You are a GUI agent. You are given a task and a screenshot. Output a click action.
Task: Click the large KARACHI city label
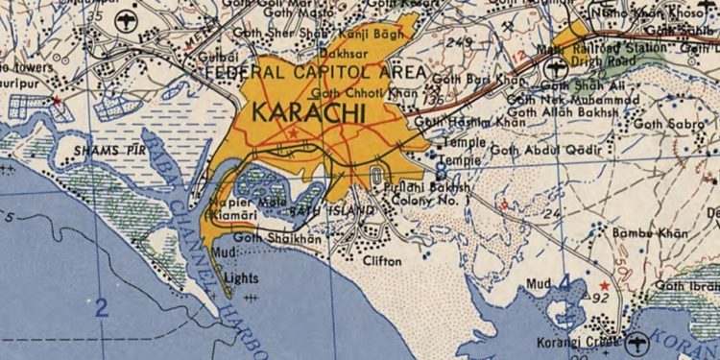308,113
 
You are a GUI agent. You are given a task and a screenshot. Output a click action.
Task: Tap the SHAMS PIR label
104,151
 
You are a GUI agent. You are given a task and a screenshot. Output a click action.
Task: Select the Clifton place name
381,260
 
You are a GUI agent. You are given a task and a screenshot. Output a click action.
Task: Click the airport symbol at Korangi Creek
638,341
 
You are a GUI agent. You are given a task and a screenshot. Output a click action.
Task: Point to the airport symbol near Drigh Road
555,69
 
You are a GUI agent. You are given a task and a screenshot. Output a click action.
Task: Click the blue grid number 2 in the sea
101,308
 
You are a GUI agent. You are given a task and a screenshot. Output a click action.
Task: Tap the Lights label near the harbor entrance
240,279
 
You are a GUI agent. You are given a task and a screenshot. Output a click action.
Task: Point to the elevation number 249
459,42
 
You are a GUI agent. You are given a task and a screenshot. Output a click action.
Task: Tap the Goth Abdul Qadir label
545,150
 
